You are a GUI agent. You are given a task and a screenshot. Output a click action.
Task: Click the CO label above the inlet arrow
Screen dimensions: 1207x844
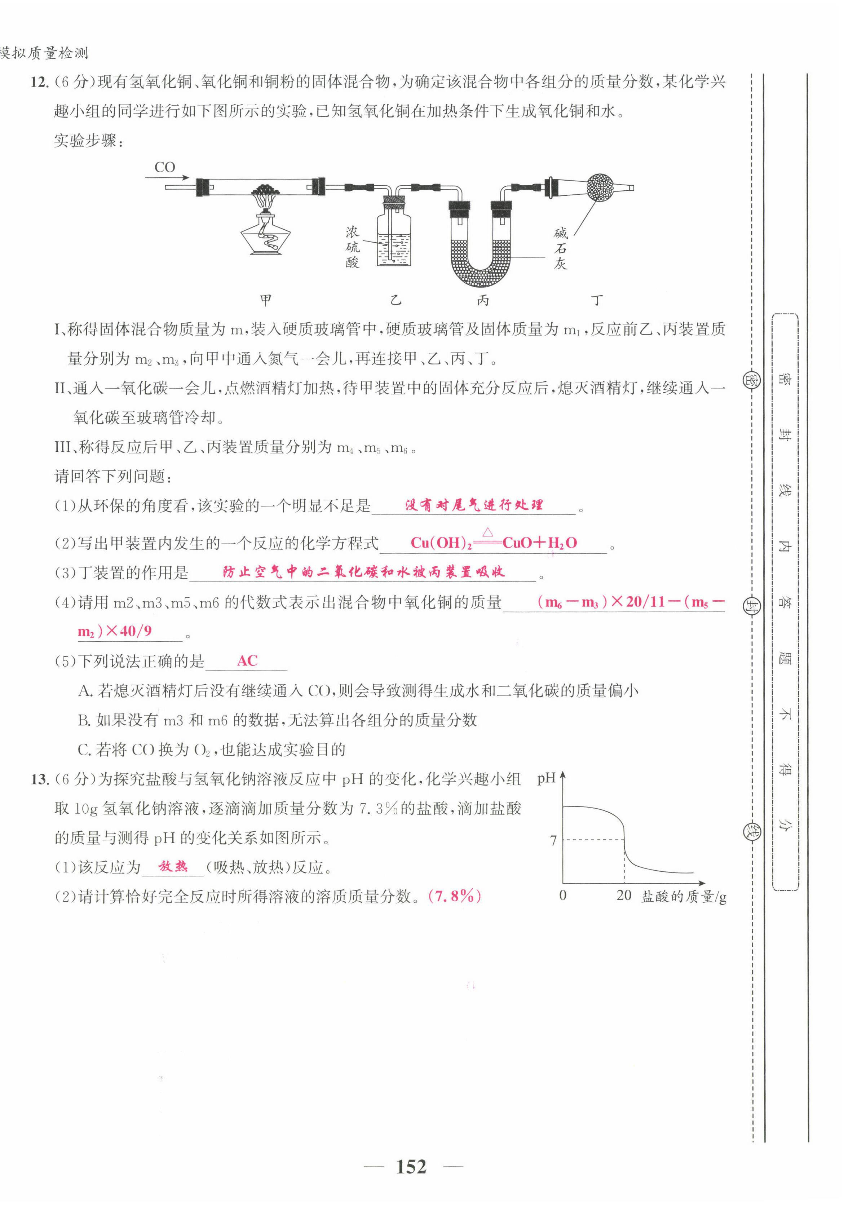[x=165, y=167]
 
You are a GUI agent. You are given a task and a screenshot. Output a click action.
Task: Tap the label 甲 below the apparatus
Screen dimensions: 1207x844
[x=266, y=300]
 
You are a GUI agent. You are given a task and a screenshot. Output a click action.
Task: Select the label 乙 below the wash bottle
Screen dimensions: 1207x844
[x=396, y=300]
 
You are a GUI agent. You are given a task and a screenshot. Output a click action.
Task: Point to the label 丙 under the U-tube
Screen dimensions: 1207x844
[x=483, y=300]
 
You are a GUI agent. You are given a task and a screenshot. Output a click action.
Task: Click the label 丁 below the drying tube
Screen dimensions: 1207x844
[x=596, y=300]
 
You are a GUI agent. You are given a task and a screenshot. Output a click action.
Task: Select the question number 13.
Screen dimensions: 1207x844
[x=39, y=779]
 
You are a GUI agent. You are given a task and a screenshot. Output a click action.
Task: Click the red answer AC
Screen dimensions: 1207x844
[x=247, y=661]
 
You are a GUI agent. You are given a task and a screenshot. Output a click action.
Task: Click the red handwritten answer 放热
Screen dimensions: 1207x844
[x=173, y=866]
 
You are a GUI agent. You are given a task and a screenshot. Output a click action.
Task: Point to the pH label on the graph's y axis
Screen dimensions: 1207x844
[x=546, y=778]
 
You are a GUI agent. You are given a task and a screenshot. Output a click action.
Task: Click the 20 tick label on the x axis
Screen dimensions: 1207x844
[x=624, y=895]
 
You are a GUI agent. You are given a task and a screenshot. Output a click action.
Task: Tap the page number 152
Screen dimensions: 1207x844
[x=411, y=1167]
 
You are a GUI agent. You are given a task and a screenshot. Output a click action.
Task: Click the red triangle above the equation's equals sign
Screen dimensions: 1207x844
[x=487, y=532]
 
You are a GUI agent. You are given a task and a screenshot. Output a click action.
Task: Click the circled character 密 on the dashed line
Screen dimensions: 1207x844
[x=750, y=380]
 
